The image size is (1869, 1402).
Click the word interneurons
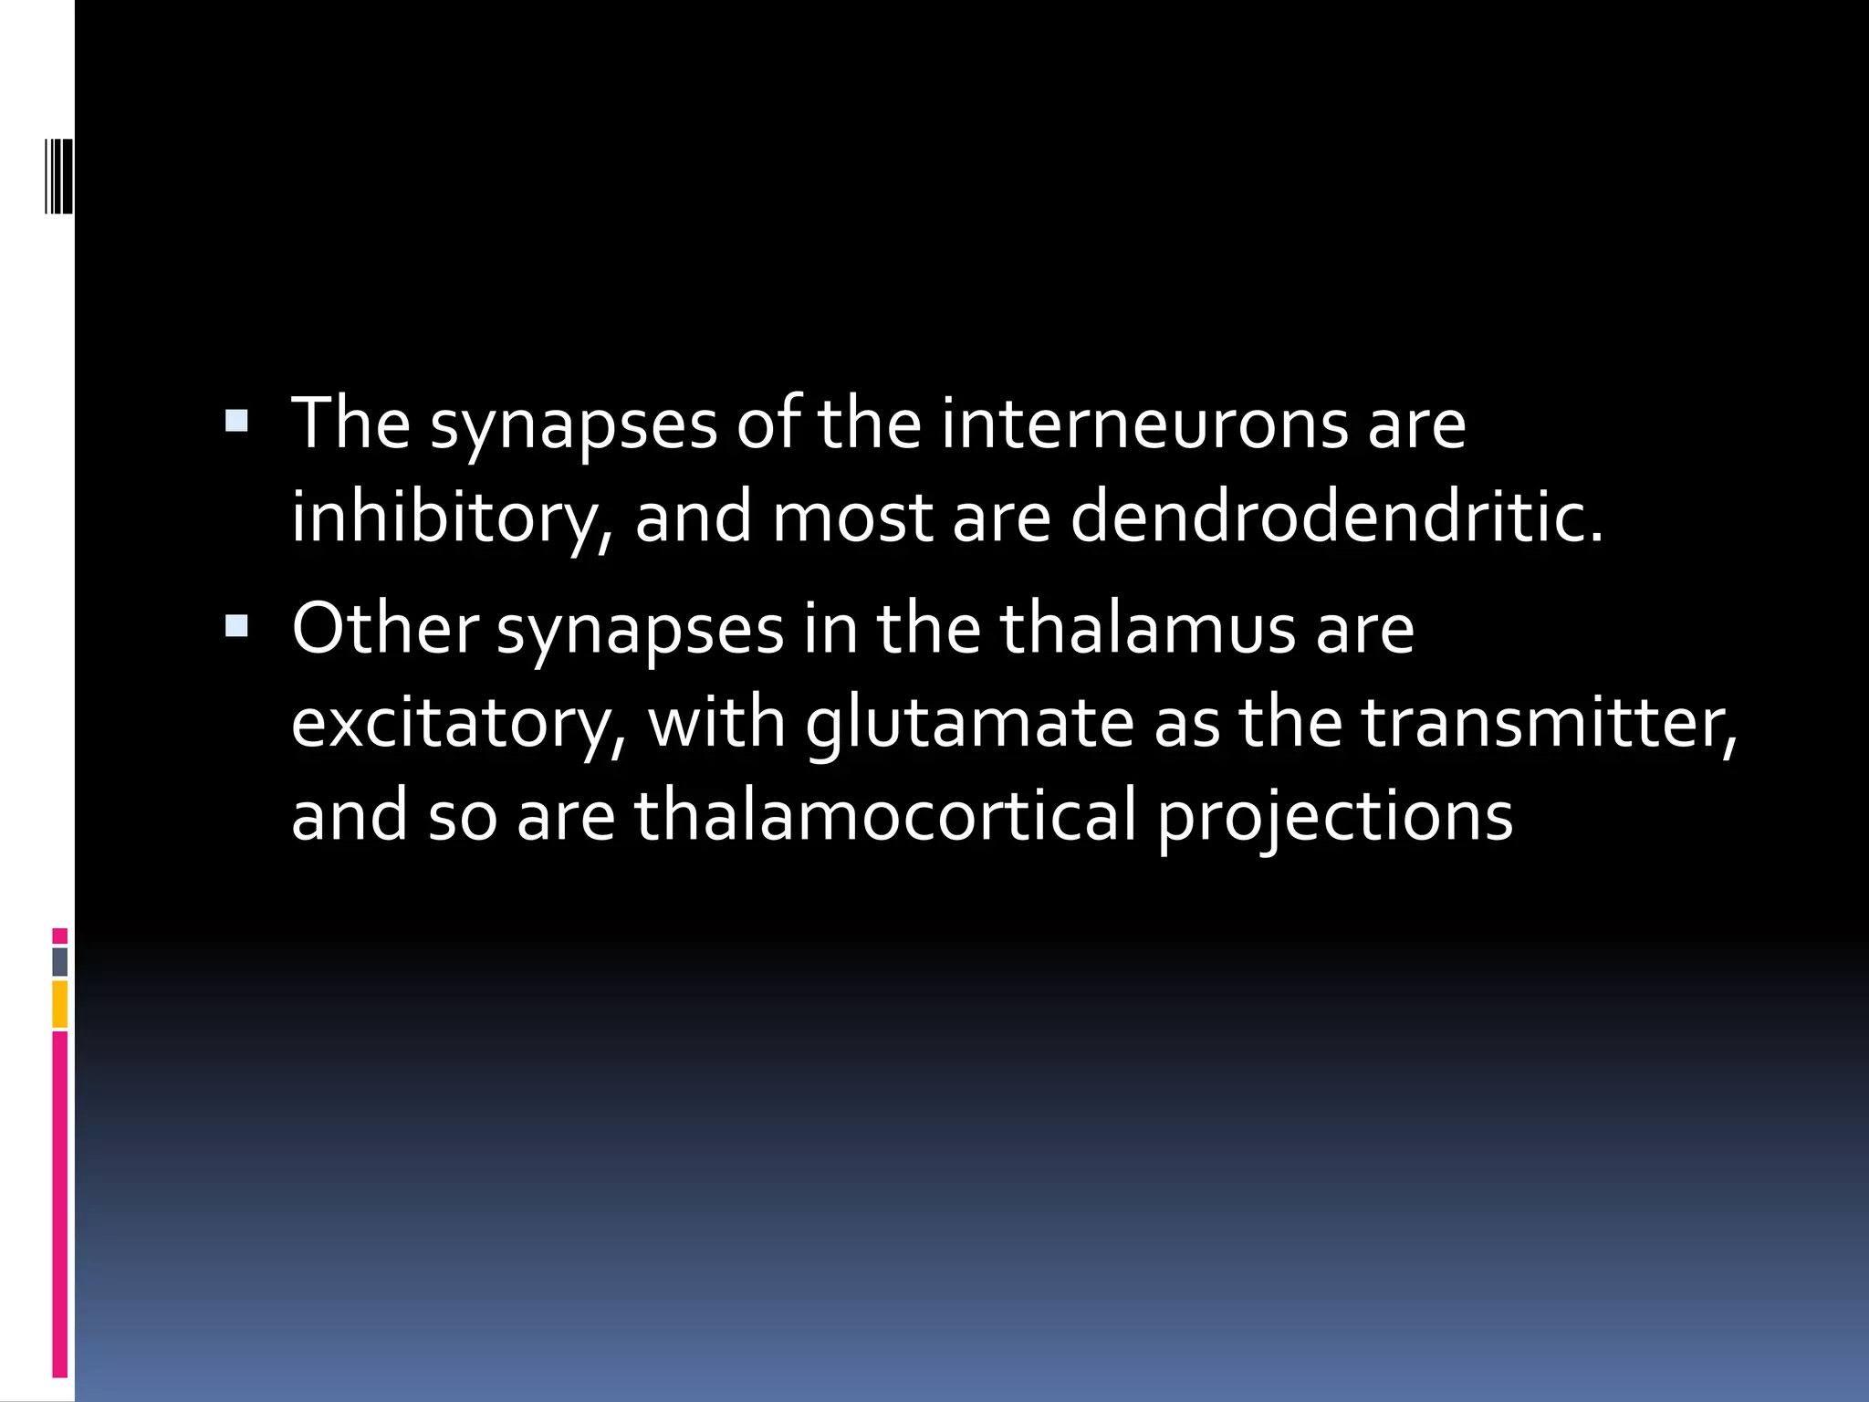pyautogui.click(x=1143, y=424)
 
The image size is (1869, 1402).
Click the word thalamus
pyautogui.click(x=1148, y=629)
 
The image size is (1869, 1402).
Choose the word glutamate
pyautogui.click(x=969, y=724)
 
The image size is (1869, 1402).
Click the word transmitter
pyautogui.click(x=1549, y=722)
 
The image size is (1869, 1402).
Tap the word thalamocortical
pyautogui.click(x=885, y=815)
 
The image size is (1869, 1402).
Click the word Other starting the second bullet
pyautogui.click(x=384, y=629)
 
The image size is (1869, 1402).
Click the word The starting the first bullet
pyautogui.click(x=350, y=424)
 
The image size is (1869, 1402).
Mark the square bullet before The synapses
pyautogui.click(x=236, y=421)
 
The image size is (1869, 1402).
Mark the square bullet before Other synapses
pyautogui.click(x=236, y=625)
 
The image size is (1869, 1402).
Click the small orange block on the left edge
pyautogui.click(x=60, y=1004)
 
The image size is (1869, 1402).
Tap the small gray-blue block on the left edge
pyautogui.click(x=60, y=962)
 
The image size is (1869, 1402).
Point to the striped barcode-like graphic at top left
pyautogui.click(x=59, y=175)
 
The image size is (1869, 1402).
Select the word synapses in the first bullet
pyautogui.click(x=574, y=426)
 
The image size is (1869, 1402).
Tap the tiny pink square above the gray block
pyautogui.click(x=60, y=936)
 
